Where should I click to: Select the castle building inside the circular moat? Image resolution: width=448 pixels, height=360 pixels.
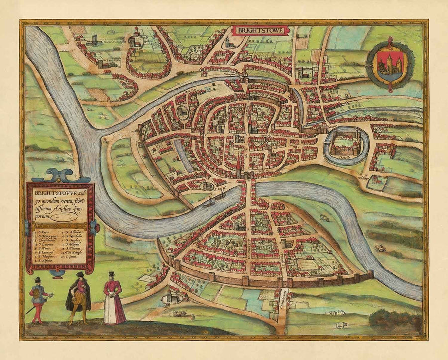(345, 143)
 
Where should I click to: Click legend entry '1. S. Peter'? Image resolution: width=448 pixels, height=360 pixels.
(43, 231)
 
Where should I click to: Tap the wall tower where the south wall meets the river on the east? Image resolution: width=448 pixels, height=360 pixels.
(370, 273)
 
